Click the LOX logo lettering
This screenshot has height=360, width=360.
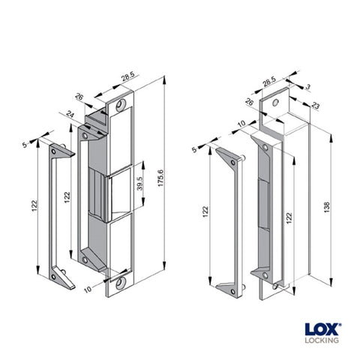(x=322, y=328)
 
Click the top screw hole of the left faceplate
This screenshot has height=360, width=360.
(x=120, y=106)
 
